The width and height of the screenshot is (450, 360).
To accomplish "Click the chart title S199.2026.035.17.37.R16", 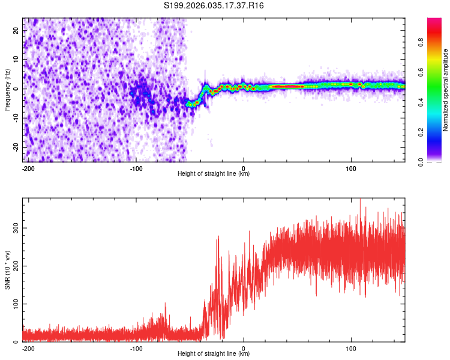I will (214, 5).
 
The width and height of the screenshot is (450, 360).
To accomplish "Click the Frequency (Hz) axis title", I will (8, 90).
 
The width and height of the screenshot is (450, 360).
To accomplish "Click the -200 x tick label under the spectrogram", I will (28, 167).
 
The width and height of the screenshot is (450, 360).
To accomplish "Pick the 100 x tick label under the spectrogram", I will (351, 167).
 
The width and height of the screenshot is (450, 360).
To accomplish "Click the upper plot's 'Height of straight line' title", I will (214, 174).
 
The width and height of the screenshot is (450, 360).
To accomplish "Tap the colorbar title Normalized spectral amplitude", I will (446, 90).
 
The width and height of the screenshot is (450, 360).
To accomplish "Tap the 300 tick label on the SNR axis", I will (16, 229).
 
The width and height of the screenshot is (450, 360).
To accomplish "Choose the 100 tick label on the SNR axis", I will (16, 304).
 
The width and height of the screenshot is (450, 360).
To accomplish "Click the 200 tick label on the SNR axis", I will (16, 266).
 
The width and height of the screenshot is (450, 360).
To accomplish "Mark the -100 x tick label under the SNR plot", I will (136, 347).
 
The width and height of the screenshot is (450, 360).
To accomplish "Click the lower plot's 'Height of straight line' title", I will (214, 354).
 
